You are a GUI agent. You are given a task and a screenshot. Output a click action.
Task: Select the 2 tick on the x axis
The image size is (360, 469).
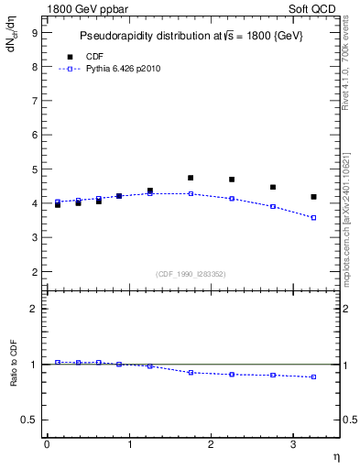(211, 444)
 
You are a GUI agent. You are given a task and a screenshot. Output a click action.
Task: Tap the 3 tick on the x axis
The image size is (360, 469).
(293, 444)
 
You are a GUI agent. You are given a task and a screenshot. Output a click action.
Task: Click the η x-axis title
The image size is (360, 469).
(335, 455)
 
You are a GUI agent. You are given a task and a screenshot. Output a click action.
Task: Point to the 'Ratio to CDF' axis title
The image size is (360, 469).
(14, 378)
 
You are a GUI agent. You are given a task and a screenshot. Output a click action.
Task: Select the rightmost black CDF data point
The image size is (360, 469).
(313, 197)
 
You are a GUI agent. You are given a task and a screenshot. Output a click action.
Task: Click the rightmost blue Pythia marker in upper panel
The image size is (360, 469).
(313, 217)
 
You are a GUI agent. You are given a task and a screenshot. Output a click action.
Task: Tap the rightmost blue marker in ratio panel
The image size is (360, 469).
(313, 376)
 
